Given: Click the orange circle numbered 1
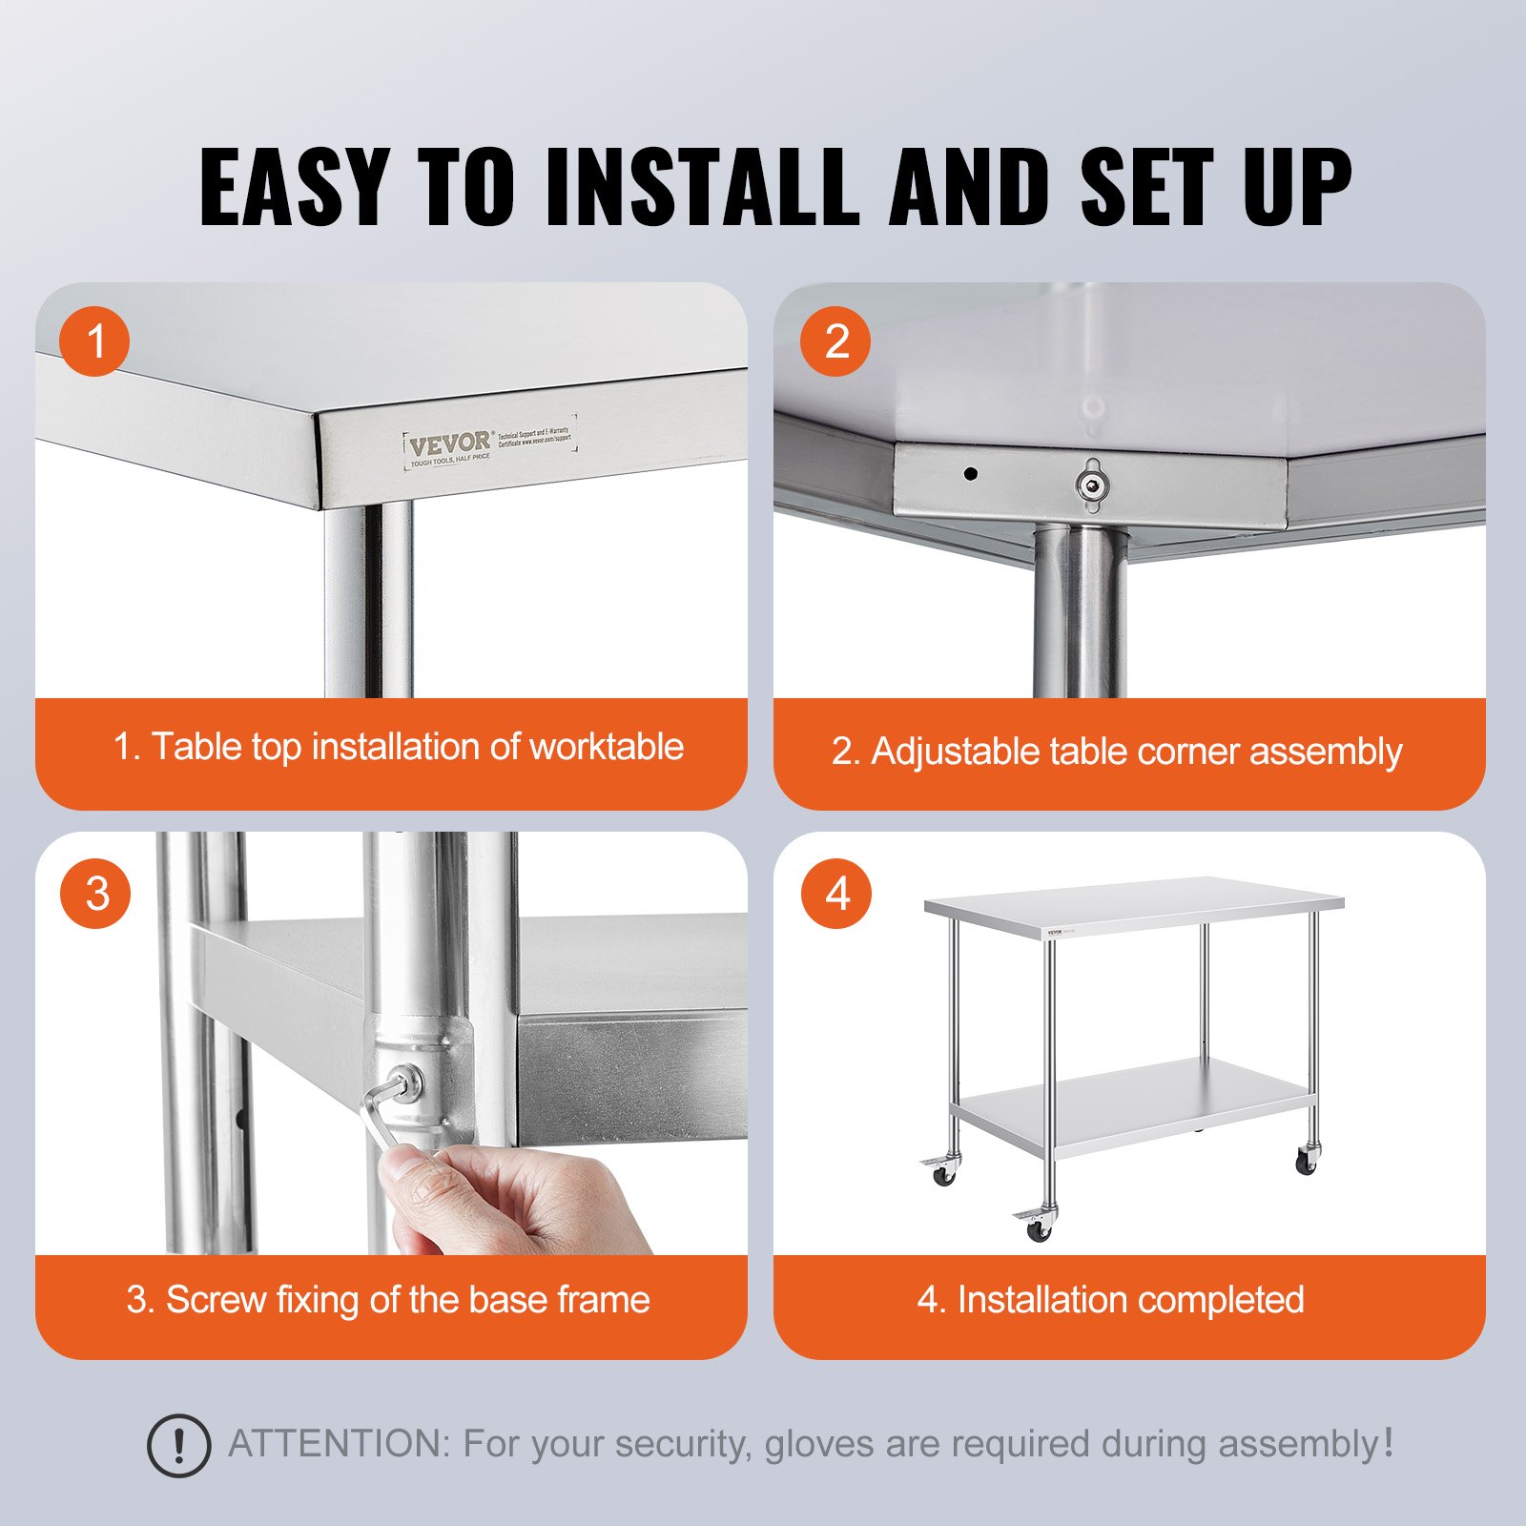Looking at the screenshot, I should [x=94, y=341].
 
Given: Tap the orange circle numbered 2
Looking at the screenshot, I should [x=835, y=341].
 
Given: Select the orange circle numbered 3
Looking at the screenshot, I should [x=95, y=894].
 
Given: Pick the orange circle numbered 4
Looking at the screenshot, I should [x=836, y=894].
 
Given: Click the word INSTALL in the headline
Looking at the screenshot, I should [x=701, y=187].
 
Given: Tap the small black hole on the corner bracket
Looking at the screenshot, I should [x=970, y=473].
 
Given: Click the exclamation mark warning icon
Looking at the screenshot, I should [x=178, y=1446].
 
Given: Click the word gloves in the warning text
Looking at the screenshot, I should [x=820, y=1444].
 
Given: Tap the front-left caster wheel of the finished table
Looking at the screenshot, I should [x=1036, y=1229].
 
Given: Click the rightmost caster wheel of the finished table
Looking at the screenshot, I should [x=1306, y=1161].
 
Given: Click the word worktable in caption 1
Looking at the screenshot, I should [x=607, y=747].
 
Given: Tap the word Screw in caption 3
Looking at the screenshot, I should [x=216, y=1300].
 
